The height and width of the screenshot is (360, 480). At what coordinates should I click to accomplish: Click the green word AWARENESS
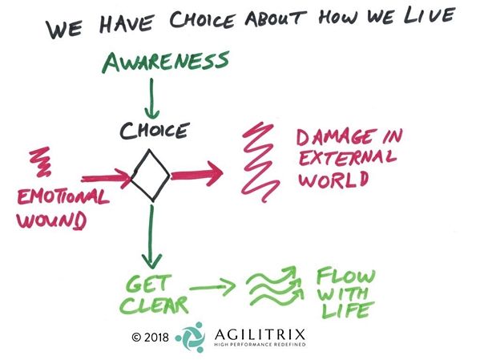(x=166, y=62)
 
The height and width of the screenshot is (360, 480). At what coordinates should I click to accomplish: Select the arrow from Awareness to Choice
(x=151, y=99)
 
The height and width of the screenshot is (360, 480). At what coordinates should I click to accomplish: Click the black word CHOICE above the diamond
(x=154, y=131)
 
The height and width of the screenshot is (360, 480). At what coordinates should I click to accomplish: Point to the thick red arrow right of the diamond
(x=196, y=174)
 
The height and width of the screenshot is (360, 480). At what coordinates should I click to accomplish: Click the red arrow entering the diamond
(x=107, y=179)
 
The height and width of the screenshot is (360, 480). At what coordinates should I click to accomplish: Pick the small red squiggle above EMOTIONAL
(x=42, y=162)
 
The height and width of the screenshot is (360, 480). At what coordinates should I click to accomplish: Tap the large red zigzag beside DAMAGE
(x=260, y=162)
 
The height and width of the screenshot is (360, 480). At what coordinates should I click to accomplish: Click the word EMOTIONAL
(x=63, y=196)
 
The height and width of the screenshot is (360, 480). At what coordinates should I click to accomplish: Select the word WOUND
(x=50, y=220)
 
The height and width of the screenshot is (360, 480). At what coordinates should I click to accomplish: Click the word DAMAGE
(x=336, y=137)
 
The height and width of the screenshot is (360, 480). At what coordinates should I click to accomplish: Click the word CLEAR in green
(x=155, y=305)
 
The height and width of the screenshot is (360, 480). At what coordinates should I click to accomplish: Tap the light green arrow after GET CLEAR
(x=212, y=287)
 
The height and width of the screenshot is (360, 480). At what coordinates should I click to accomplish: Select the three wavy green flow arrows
(x=276, y=285)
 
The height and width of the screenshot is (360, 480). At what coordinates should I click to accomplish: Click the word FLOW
(x=346, y=276)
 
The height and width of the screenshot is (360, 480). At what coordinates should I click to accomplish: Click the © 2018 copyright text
(x=150, y=338)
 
